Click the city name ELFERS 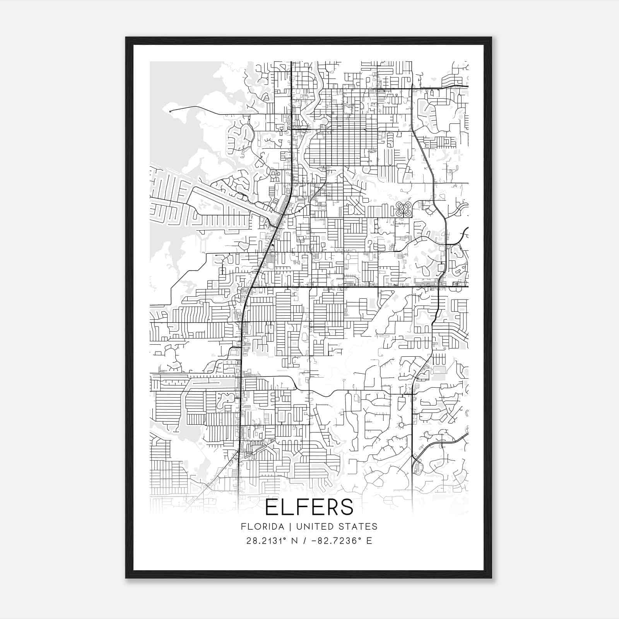point(309,507)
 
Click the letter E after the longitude point(369,540)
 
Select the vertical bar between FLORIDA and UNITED point(284,527)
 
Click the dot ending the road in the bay point(170,111)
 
